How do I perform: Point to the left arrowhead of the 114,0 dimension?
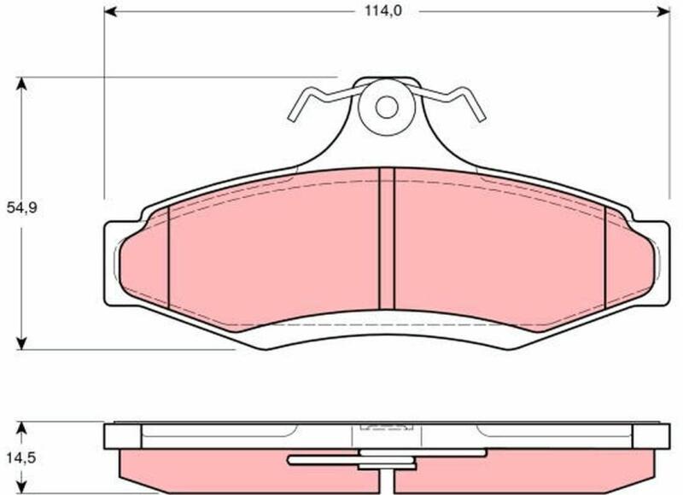(111, 11)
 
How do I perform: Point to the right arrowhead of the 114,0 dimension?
(664, 11)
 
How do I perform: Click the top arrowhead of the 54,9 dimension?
(20, 84)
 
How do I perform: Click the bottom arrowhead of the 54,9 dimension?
(20, 343)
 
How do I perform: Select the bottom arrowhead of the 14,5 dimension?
(20, 486)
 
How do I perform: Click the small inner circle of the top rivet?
(387, 107)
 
